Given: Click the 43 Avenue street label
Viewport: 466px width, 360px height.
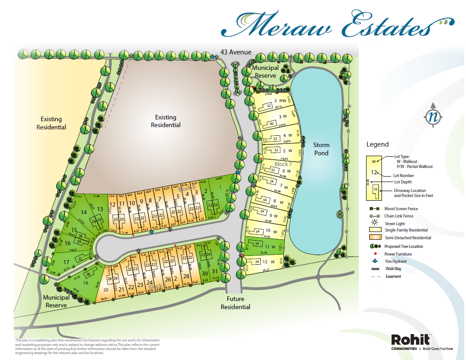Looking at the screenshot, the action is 235,52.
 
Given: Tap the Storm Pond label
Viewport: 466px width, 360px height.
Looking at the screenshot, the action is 321,149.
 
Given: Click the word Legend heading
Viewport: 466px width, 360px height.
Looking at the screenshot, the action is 377,144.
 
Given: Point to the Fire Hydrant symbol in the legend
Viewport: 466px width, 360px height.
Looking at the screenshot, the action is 375,261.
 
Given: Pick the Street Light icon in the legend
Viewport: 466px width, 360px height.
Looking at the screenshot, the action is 375,223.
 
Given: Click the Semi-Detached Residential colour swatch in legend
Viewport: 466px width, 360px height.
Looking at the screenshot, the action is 375,238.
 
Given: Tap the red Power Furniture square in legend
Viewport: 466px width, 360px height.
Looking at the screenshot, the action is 375,254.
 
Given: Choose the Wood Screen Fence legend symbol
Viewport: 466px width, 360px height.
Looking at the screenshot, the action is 375,209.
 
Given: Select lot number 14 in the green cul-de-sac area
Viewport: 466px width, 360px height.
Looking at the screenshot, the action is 84,212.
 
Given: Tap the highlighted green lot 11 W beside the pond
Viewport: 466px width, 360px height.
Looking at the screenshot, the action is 268,247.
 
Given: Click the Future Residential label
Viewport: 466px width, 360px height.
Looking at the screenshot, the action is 235,303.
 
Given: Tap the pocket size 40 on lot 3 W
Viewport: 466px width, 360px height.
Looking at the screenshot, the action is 272,123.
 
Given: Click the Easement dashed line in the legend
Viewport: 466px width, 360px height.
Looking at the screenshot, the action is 375,276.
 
